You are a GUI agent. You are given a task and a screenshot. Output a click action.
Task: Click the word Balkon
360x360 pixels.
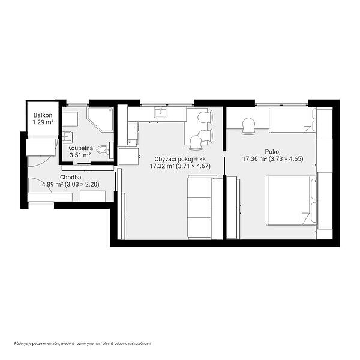tap(43, 115)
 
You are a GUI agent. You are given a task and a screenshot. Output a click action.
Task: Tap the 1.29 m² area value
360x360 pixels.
tap(43, 122)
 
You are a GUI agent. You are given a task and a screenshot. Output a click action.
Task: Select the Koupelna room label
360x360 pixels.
tap(80, 148)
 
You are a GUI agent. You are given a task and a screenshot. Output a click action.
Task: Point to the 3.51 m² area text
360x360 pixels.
tap(80, 155)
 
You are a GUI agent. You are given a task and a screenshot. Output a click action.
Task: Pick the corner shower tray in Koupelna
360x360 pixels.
tap(101, 119)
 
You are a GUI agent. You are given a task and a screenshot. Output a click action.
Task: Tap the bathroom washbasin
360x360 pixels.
tap(67, 136)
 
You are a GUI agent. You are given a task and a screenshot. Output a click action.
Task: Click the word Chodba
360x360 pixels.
tap(70, 177)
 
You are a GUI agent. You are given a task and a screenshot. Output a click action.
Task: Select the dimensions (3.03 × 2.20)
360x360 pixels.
tap(82, 184)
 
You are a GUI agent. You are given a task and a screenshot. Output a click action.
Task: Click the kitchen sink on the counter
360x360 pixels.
tap(161, 112)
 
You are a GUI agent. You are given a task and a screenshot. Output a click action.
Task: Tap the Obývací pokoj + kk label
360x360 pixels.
tap(180, 159)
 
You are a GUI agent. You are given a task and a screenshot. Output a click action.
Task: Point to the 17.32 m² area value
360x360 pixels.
tap(161, 166)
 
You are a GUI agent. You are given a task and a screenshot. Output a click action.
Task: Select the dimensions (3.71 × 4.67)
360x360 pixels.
tap(193, 166)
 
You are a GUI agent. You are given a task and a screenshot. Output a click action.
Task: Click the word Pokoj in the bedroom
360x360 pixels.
tap(273, 152)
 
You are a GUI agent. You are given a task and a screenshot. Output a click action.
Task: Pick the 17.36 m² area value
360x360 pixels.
tap(254, 158)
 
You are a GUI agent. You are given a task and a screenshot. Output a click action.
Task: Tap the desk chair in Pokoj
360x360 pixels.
tap(248, 126)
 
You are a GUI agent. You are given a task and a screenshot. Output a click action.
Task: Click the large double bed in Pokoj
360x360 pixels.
tap(292, 200)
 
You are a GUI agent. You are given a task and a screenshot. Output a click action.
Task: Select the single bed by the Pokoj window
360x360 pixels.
tap(293, 119)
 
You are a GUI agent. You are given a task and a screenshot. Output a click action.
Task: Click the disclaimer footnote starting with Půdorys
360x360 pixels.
tap(83, 344)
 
